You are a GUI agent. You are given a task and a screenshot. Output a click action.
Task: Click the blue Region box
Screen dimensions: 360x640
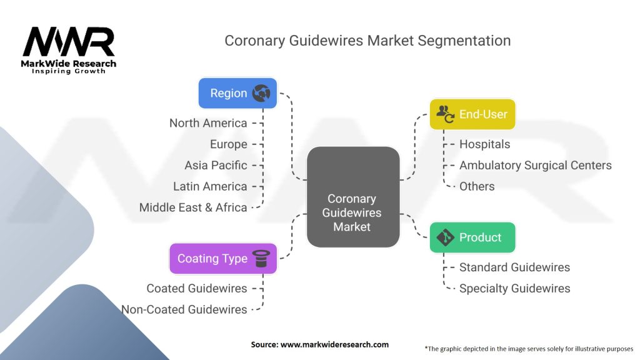pyautogui.click(x=237, y=93)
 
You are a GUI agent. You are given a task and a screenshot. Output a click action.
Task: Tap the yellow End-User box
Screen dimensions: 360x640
pyautogui.click(x=472, y=114)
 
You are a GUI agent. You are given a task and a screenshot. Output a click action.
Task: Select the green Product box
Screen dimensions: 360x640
pyautogui.click(x=472, y=237)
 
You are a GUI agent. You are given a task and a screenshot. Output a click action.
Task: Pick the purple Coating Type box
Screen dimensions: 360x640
pyautogui.click(x=222, y=258)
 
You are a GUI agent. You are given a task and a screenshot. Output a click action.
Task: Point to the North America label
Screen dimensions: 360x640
pyautogui.click(x=208, y=123)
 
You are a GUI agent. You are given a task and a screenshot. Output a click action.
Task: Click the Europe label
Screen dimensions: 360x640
pyautogui.click(x=229, y=144)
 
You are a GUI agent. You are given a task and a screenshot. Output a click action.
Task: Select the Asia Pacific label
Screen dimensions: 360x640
pyautogui.click(x=216, y=166)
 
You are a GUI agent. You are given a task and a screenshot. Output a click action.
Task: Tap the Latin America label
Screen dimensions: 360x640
pyautogui.click(x=210, y=186)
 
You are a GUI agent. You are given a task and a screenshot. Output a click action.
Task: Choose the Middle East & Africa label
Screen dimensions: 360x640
pyautogui.click(x=193, y=207)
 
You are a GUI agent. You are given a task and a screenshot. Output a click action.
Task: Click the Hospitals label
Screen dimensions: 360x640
pyautogui.click(x=484, y=144)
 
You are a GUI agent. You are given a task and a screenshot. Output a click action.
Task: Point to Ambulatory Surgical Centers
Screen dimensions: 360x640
pyautogui.click(x=535, y=166)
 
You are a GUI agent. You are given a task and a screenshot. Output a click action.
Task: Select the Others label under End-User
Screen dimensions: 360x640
pyautogui.click(x=477, y=186)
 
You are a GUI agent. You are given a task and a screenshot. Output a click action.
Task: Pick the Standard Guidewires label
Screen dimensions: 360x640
pyautogui.click(x=514, y=267)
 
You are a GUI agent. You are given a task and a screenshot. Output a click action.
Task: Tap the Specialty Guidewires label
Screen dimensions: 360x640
pyautogui.click(x=514, y=288)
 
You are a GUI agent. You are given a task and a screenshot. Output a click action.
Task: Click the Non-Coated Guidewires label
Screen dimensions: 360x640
pyautogui.click(x=184, y=309)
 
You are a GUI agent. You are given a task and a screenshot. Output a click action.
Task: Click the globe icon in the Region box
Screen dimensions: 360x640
pyautogui.click(x=261, y=93)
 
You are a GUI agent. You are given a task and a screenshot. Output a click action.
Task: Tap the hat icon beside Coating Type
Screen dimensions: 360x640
pyautogui.click(x=259, y=258)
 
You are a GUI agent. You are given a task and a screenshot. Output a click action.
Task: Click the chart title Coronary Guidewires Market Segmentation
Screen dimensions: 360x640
pyautogui.click(x=367, y=41)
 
